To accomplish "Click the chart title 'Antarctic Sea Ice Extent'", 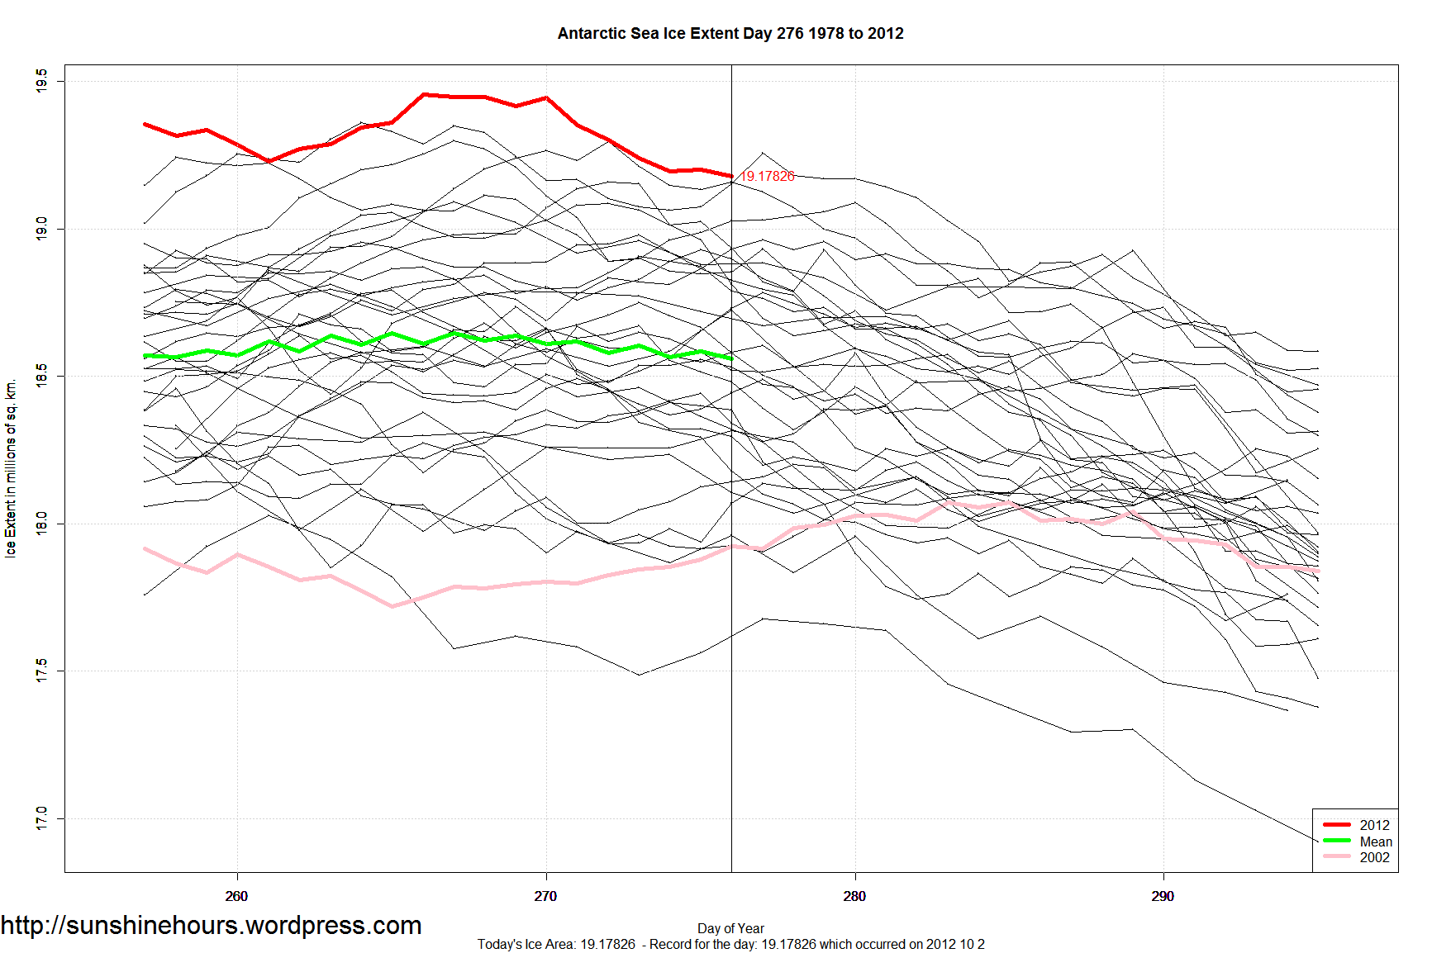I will [x=730, y=34].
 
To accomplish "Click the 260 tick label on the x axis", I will [x=236, y=896].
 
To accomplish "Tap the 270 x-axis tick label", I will [x=545, y=896].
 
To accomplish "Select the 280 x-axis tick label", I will [x=854, y=896].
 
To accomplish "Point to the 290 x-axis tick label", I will [x=1163, y=896].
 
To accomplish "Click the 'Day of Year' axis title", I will [x=730, y=928].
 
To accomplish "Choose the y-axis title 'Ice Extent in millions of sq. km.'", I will [x=11, y=468].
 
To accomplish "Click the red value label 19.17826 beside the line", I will [x=767, y=176].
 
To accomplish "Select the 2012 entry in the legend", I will [x=1374, y=825].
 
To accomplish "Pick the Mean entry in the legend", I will [x=1376, y=842].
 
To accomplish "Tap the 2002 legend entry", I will [x=1374, y=857].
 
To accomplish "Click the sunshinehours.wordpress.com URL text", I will [x=212, y=926].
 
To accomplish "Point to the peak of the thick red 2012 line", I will [x=424, y=94].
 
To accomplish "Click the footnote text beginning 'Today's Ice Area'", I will [x=730, y=944].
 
